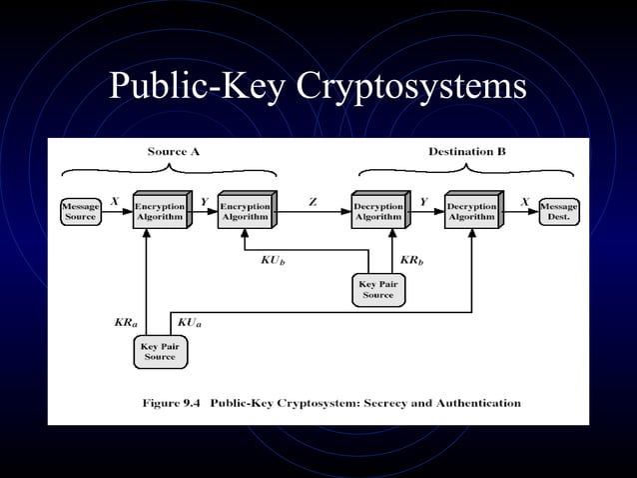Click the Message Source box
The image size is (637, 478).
coord(80,211)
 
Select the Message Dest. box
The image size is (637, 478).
coord(558,211)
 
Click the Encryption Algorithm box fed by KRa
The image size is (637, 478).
coord(159,211)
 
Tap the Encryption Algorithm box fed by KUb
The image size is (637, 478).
coord(245,211)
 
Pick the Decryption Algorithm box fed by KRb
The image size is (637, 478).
coord(378,211)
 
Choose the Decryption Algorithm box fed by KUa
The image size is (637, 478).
coord(470,211)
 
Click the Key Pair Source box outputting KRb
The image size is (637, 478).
coord(378,290)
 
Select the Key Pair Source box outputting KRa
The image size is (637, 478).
coord(160,351)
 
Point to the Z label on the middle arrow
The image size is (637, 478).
coord(313,202)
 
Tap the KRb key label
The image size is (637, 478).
coord(412,261)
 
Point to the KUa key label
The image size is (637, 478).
coord(191,324)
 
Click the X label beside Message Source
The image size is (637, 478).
coord(115,202)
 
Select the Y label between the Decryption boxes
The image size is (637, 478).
coord(423,202)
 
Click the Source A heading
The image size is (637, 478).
coord(174,152)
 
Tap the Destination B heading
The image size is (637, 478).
coord(466,152)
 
